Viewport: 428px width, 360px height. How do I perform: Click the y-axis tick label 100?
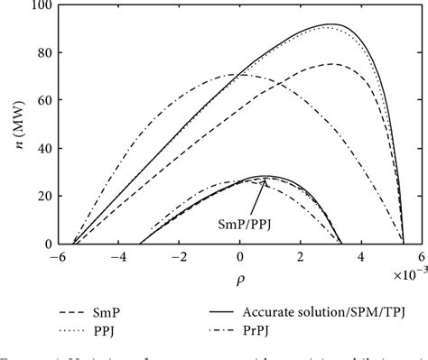click(x=40, y=7)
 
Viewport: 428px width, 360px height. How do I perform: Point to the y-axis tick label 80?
click(x=42, y=54)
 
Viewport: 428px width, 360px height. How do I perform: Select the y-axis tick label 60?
click(x=42, y=101)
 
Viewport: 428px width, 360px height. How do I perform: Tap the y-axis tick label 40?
click(x=42, y=149)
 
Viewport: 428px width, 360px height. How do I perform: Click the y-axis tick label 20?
click(x=42, y=197)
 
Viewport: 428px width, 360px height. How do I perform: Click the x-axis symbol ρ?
click(x=240, y=280)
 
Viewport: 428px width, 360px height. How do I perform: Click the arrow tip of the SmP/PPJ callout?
click(x=267, y=180)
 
